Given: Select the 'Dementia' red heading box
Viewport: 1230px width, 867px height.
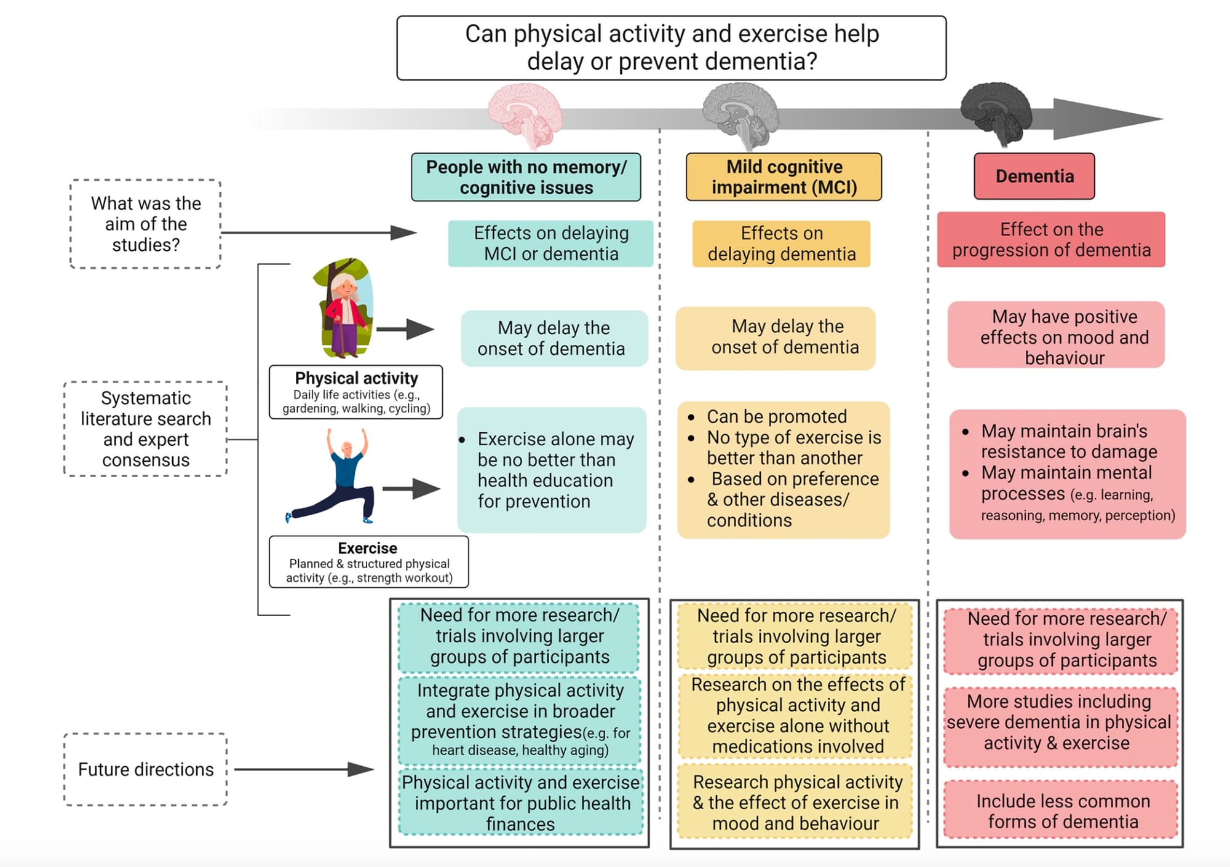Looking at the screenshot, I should coord(1034,176).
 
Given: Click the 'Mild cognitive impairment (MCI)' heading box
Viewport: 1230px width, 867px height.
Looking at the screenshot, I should coord(784,177).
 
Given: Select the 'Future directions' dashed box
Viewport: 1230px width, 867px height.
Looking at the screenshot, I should coord(146,769).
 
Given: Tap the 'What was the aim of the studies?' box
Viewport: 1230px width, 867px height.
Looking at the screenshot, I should coord(146,224).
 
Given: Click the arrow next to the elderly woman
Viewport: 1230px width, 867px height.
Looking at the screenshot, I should coord(405,329).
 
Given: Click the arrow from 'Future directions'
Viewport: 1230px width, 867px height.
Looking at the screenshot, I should coord(304,769).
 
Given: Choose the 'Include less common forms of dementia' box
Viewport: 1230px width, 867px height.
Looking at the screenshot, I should coord(1062,810).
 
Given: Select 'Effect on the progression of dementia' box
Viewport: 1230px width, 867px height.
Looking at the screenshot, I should coord(1051,240).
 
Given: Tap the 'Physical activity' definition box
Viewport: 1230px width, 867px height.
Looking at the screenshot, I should coord(356,392).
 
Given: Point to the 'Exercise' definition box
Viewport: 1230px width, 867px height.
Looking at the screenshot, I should coord(368,562).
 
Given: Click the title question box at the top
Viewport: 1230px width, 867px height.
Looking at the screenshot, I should coord(672,48).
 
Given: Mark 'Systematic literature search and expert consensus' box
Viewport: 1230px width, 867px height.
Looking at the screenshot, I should coord(146,429).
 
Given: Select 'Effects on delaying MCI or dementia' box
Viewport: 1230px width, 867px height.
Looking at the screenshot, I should coord(550,243).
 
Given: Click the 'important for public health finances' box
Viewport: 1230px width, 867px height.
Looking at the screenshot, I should coord(520,802).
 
